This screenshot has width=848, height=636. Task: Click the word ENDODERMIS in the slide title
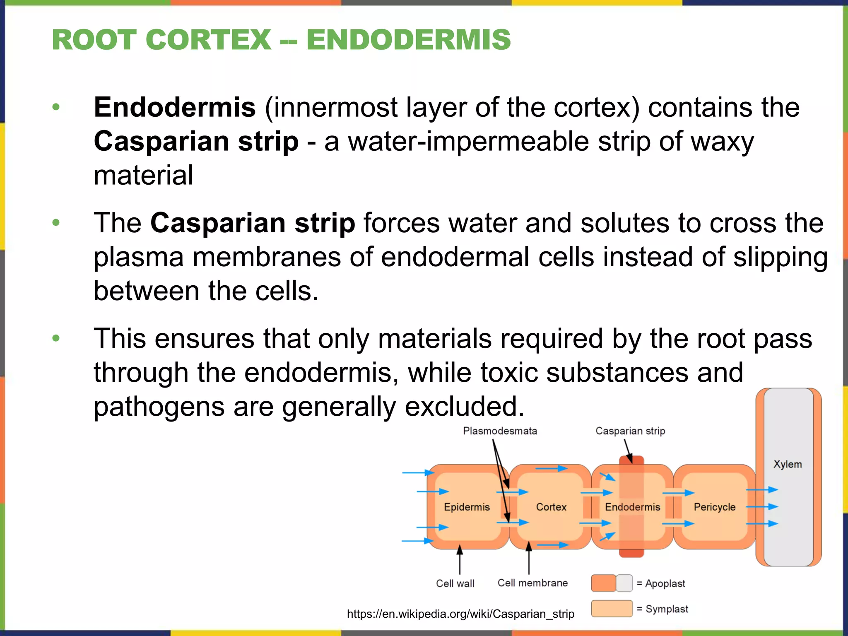408,40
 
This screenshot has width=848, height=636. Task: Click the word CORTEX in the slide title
208,40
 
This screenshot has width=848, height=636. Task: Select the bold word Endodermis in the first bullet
175,107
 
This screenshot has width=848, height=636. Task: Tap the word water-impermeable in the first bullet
468,141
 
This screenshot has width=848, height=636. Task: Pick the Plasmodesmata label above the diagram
500,431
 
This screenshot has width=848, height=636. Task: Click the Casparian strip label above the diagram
630,431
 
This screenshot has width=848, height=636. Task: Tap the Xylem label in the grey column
788,464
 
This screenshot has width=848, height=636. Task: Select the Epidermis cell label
467,507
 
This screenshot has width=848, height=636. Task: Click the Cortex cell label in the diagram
551,507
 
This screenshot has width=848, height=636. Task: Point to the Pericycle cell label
715,507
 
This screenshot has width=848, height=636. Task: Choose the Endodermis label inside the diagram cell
632,507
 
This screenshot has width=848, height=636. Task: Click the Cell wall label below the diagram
455,583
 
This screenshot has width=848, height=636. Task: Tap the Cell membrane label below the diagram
532,583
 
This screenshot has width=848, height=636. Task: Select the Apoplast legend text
665,583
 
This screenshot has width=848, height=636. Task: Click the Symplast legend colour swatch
612,609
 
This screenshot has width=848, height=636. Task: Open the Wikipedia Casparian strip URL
460,614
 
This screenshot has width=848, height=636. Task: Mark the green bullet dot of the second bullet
56,223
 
